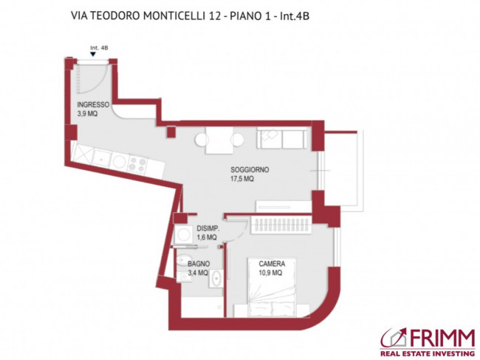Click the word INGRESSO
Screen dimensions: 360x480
(x=93, y=104)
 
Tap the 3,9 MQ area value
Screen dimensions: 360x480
(x=89, y=113)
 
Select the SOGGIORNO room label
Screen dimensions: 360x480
(x=249, y=169)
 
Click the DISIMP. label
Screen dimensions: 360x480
(x=207, y=229)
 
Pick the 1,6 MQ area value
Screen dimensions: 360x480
(x=207, y=238)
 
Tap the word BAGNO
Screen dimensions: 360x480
(x=198, y=263)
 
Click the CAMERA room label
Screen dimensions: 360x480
(x=272, y=264)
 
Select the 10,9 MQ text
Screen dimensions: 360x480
(x=271, y=273)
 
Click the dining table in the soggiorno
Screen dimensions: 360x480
(x=219, y=140)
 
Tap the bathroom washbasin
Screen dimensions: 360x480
(x=216, y=279)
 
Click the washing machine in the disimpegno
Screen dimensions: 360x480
(x=183, y=234)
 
